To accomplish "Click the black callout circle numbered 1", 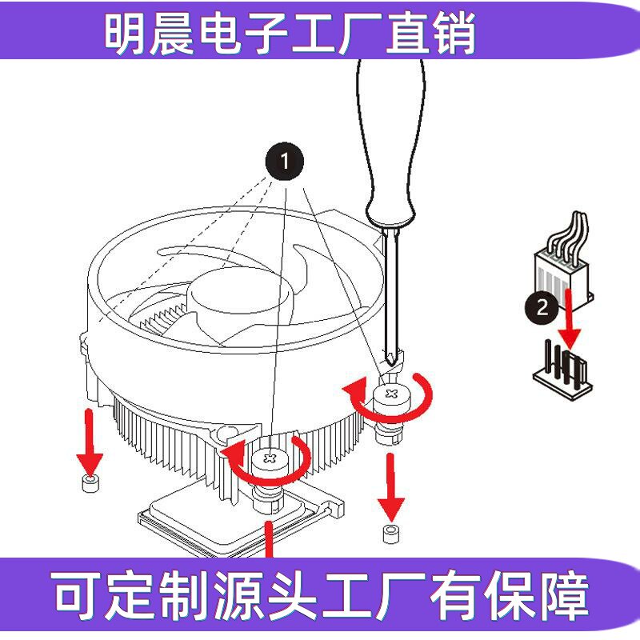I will pyautogui.click(x=284, y=162).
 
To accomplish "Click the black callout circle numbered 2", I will pyautogui.click(x=543, y=306).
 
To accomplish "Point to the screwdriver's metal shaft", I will pyautogui.click(x=390, y=288).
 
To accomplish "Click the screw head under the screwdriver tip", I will pyautogui.click(x=390, y=395).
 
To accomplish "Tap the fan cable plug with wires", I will pyautogui.click(x=563, y=268).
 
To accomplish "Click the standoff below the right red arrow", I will pyautogui.click(x=390, y=534).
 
